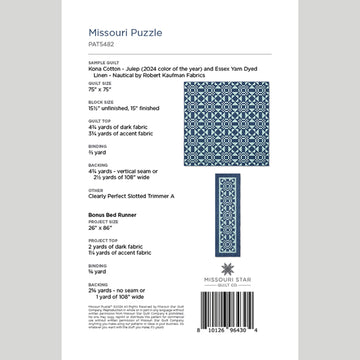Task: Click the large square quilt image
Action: coord(239,113)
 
